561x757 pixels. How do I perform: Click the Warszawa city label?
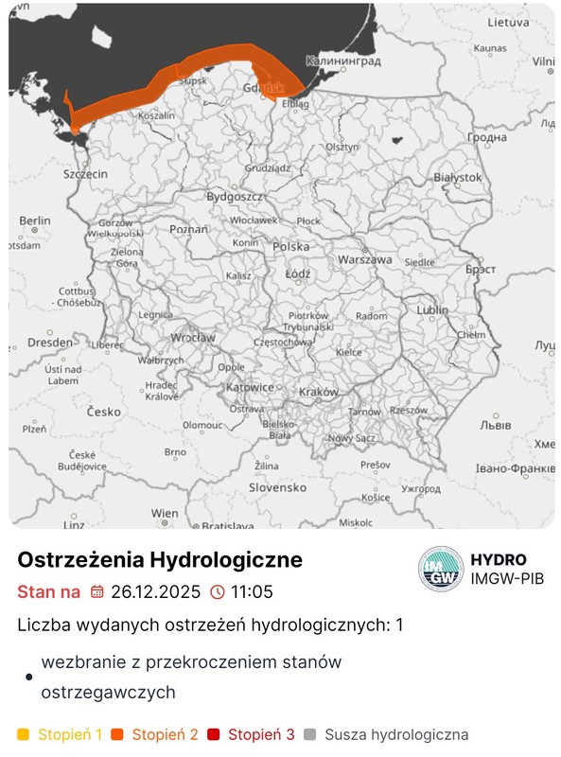click(x=364, y=259)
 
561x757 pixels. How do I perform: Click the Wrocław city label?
click(x=193, y=338)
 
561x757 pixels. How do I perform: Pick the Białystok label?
click(x=457, y=177)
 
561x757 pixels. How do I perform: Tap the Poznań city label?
click(x=188, y=230)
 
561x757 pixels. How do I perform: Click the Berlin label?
click(x=34, y=220)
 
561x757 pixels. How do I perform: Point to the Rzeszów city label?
click(x=408, y=411)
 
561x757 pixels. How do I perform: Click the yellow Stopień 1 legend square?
click(x=24, y=734)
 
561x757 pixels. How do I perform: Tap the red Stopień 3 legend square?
click(x=214, y=734)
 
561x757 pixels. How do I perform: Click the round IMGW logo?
click(x=441, y=570)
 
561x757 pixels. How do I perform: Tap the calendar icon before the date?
click(x=96, y=592)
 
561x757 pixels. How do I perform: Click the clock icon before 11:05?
click(x=218, y=592)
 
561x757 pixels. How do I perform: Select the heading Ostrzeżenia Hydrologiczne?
click(x=160, y=559)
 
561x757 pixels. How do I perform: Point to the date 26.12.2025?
click(x=155, y=592)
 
